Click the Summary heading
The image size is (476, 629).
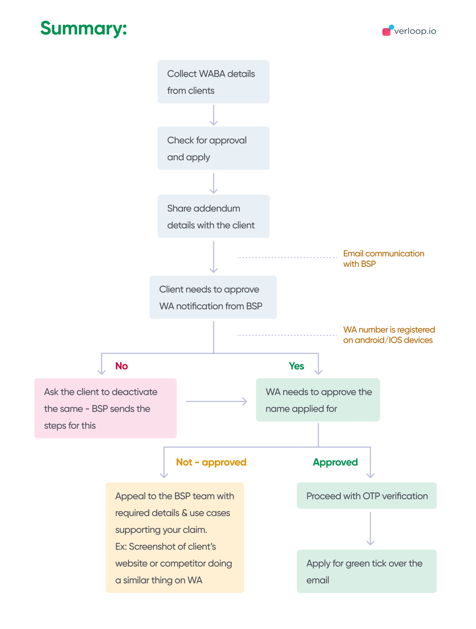tap(83, 28)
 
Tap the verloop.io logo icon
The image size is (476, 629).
tap(387, 31)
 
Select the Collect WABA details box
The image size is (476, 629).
tap(213, 82)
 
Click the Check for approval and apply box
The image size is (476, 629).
tap(213, 148)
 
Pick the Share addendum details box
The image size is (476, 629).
tap(213, 216)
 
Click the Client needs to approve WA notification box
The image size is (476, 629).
tap(213, 297)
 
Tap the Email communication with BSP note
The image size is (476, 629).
tap(383, 259)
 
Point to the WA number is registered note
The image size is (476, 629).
tap(389, 335)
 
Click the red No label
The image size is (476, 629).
tap(121, 366)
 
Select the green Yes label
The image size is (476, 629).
tap(296, 366)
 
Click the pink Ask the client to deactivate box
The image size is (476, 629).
tap(106, 408)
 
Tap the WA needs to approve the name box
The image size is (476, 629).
tap(318, 400)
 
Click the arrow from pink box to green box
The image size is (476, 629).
tap(217, 401)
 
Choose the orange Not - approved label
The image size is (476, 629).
tap(211, 462)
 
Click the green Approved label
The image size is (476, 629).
tap(335, 462)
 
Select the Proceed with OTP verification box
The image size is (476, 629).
tap(367, 496)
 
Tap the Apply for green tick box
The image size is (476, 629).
tap(367, 571)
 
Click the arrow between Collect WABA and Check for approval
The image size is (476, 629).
tap(213, 115)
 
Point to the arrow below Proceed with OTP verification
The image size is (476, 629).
tap(370, 529)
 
